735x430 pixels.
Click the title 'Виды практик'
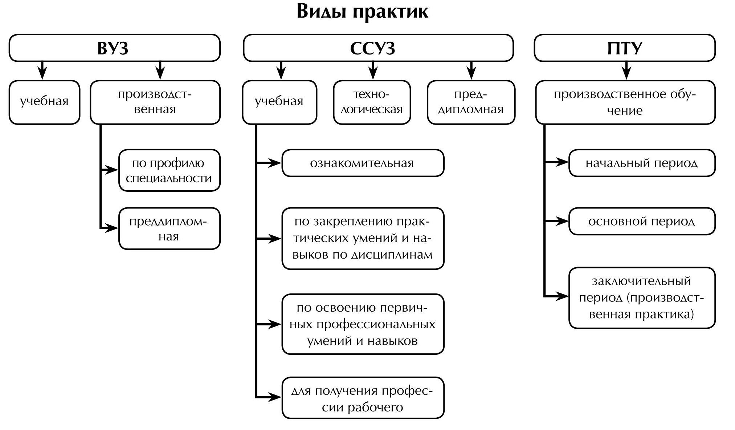[x=362, y=12]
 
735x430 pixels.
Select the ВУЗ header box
[x=114, y=48]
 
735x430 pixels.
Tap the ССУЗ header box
[x=378, y=48]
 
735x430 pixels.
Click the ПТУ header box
[x=624, y=48]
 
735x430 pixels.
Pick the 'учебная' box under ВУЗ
[x=44, y=102]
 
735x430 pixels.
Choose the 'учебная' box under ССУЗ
[x=279, y=102]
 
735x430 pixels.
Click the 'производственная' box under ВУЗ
[x=155, y=102]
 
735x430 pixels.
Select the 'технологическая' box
[x=372, y=102]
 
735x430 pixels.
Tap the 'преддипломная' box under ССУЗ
[x=471, y=102]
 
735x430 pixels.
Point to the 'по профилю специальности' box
[x=169, y=170]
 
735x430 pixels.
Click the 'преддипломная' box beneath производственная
[x=169, y=228]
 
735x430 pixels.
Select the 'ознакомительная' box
[x=363, y=163]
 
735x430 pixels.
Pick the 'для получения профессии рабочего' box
[x=363, y=398]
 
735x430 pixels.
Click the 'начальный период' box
[x=642, y=163]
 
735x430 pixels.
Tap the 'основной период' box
[x=642, y=221]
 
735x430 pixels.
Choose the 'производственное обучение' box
[x=625, y=102]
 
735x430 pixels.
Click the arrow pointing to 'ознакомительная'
[x=269, y=163]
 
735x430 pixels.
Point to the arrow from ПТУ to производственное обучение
[x=627, y=70]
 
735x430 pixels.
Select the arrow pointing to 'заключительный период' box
[x=557, y=296]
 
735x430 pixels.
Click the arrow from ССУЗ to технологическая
[x=373, y=70]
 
